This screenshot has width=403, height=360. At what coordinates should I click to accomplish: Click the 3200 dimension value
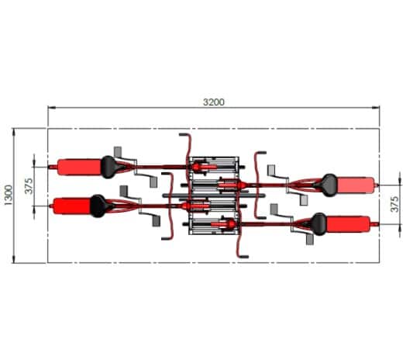coord(214,102)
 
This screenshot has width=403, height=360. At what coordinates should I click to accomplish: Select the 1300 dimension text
coord(8,196)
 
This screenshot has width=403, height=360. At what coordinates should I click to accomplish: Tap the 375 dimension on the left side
coord(29,186)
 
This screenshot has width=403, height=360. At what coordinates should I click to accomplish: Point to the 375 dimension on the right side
coord(394,204)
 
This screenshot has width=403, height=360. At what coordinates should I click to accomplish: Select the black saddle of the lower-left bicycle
coord(98,205)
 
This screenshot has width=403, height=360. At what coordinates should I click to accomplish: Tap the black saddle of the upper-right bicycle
coord(329,184)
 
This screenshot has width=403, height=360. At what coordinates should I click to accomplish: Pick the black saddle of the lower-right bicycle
coord(317,223)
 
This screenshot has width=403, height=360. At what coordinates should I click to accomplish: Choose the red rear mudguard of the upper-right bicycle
coord(356,185)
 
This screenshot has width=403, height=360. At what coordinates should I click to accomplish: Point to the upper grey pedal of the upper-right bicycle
coord(272,169)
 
